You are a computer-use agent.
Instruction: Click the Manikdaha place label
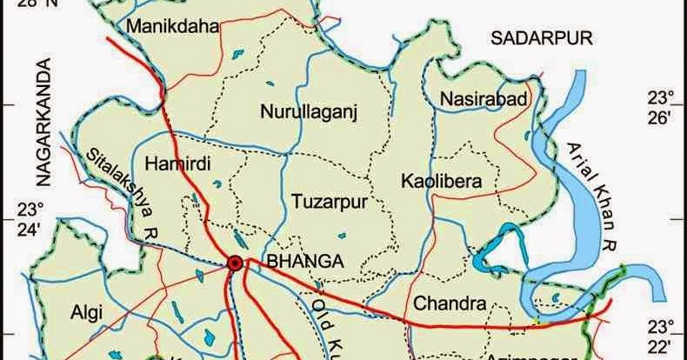point(171,28)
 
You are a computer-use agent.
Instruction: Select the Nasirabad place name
point(484,98)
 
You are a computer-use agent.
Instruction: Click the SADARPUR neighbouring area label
point(540,37)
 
